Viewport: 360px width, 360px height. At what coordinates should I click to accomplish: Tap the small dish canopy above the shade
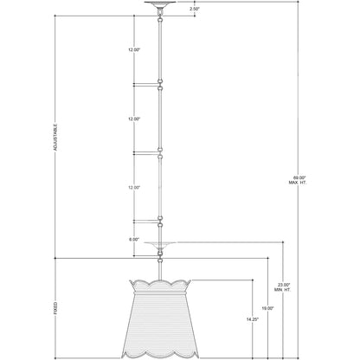[x=160, y=244]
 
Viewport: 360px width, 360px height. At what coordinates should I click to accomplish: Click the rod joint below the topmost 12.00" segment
[x=160, y=85]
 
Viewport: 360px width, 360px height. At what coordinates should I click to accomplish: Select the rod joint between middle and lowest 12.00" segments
[x=160, y=153]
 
